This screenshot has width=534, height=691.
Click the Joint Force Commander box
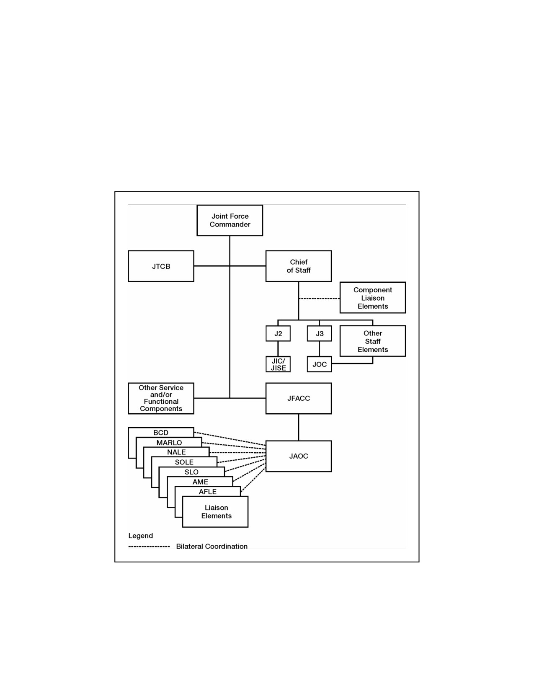click(x=230, y=220)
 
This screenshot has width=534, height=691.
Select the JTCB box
click(x=161, y=266)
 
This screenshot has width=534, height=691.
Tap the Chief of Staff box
click(x=298, y=266)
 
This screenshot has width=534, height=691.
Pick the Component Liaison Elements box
click(x=372, y=298)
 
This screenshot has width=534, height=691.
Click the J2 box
click(x=278, y=333)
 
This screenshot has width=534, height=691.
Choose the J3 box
click(x=319, y=333)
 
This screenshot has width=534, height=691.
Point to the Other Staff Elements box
click(x=372, y=341)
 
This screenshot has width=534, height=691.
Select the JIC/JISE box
click(x=278, y=364)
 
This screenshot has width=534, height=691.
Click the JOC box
click(x=319, y=364)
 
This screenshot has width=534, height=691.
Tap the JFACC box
click(x=298, y=398)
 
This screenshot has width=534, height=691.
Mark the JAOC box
click(x=298, y=456)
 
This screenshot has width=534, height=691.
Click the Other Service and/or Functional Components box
click(x=161, y=398)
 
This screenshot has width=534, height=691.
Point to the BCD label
click(x=160, y=433)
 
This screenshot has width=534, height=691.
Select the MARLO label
click(x=169, y=443)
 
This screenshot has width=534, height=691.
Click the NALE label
click(x=176, y=452)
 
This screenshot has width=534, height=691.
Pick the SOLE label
click(x=184, y=462)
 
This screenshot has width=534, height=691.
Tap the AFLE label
click(x=208, y=492)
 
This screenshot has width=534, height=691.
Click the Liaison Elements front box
click(x=215, y=512)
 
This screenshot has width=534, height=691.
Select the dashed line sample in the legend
click(x=149, y=547)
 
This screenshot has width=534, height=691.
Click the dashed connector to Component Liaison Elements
click(x=319, y=299)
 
